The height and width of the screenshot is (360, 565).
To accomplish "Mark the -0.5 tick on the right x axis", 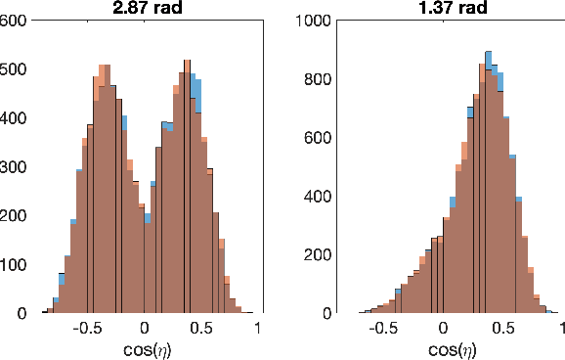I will click(x=385, y=329).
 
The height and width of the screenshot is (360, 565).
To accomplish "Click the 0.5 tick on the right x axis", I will click(x=500, y=329).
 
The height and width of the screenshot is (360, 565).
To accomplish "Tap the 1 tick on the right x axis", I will click(x=557, y=329).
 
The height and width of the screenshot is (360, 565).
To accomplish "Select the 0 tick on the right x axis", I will click(x=444, y=329).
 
